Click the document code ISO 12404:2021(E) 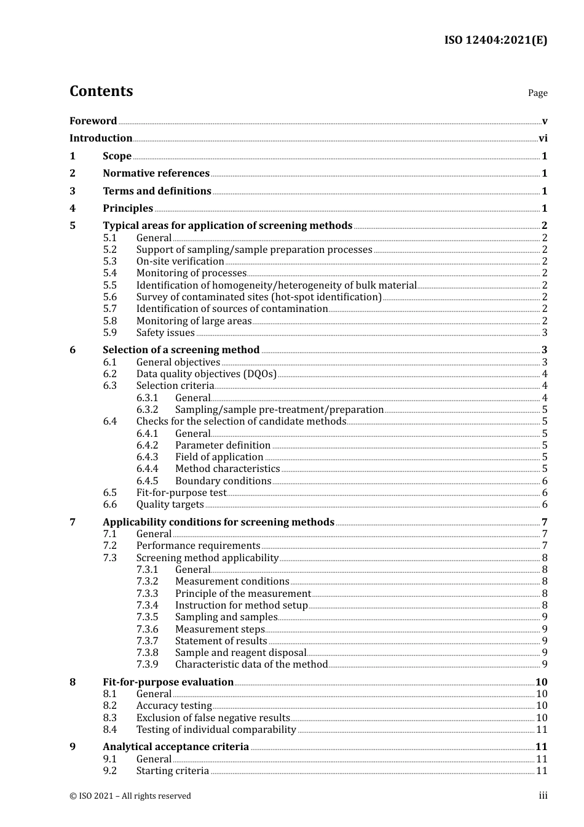(495, 41)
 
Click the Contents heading (101, 91)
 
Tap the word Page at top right (537, 93)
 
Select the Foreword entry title (93, 121)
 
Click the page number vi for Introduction (543, 138)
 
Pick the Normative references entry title (156, 174)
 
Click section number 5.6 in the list (109, 297)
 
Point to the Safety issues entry (165, 333)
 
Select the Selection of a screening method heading (181, 350)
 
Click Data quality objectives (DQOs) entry (206, 374)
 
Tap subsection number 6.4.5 (147, 481)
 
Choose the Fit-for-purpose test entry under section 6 (181, 493)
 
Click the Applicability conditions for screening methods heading (218, 522)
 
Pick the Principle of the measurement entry (243, 594)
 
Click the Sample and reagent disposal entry (240, 653)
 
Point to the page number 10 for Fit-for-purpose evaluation (541, 682)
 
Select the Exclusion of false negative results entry (213, 718)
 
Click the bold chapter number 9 (73, 747)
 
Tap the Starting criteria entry (173, 771)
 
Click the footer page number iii (543, 796)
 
